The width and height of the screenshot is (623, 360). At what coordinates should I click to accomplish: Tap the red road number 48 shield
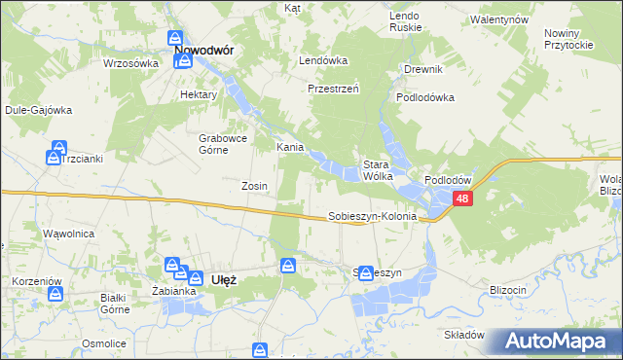(x=461, y=199)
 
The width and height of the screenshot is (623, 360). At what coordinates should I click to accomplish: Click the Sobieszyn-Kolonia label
(x=372, y=217)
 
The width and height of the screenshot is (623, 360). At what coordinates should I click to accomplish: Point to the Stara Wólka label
(x=377, y=170)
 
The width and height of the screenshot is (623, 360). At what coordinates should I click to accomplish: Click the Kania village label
(x=290, y=148)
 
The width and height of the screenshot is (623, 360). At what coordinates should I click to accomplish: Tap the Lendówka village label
(x=323, y=60)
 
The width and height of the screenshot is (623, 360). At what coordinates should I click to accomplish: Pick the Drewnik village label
(x=423, y=69)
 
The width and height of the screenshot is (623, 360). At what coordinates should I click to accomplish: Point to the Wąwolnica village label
(x=67, y=234)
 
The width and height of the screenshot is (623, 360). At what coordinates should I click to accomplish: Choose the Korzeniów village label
(x=37, y=281)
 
